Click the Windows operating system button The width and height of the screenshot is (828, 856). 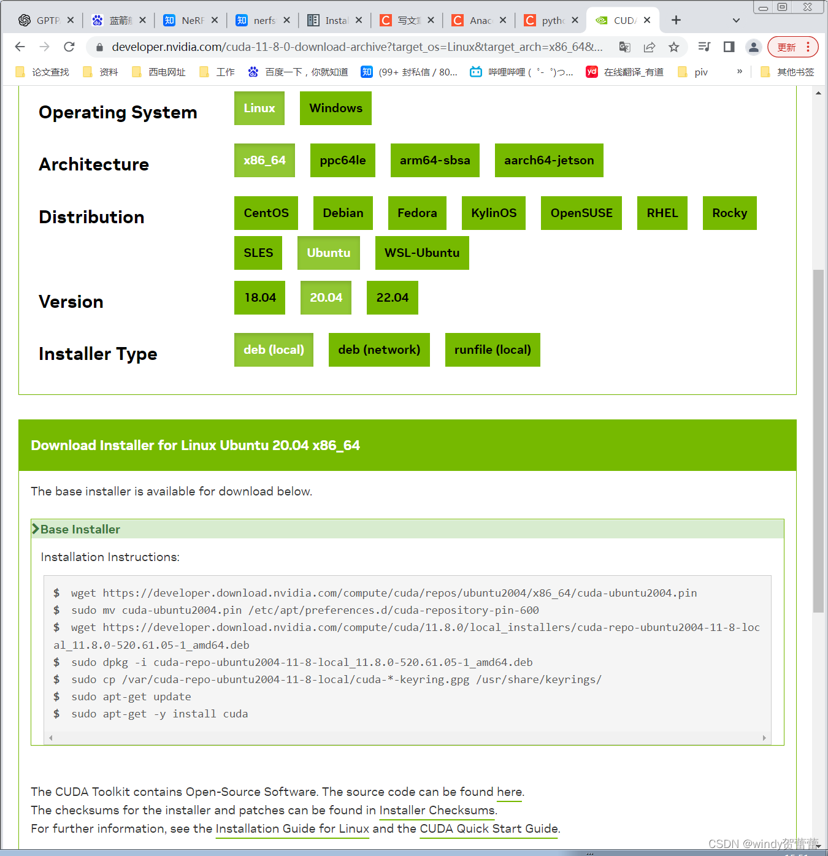335,109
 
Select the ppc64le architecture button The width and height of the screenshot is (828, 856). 342,161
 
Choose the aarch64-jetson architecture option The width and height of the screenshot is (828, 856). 548,161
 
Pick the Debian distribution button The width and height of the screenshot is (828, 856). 343,213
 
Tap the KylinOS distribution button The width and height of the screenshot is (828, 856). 493,213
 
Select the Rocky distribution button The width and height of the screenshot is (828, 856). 729,213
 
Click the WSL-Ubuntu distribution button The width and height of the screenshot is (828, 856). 421,253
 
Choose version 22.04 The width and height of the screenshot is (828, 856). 392,298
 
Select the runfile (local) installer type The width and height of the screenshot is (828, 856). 492,350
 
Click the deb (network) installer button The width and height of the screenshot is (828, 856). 378,350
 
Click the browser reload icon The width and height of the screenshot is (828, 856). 69,47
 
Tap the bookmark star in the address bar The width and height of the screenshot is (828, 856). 673,47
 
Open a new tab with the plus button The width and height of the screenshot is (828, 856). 676,20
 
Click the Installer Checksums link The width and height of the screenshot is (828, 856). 437,811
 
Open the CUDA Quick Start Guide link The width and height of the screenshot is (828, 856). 489,829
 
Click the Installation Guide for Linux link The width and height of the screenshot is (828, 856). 292,829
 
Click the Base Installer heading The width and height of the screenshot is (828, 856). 80,529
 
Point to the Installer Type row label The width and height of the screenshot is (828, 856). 98,354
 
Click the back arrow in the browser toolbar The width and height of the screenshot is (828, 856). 20,47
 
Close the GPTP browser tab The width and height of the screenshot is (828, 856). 71,20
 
